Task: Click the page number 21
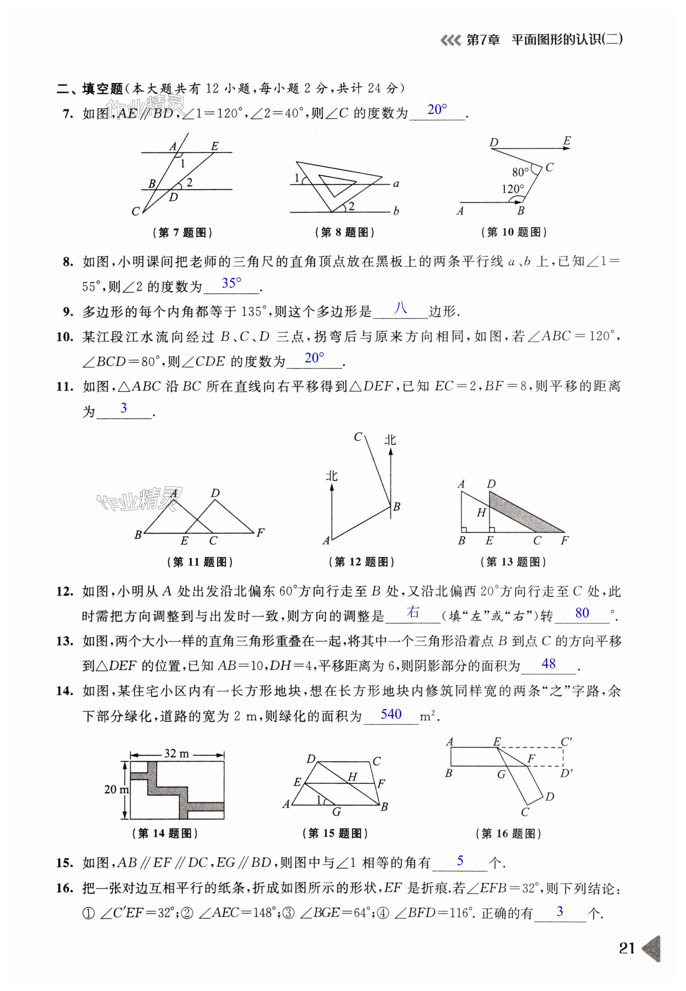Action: tap(627, 948)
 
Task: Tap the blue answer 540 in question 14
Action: tap(391, 714)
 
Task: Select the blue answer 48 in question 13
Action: tap(548, 664)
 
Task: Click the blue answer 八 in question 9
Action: tap(401, 308)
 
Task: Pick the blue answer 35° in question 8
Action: tap(231, 283)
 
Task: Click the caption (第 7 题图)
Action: tap(182, 233)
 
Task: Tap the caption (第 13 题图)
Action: tap(513, 562)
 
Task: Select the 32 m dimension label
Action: tap(176, 753)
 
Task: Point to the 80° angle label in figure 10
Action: tap(520, 172)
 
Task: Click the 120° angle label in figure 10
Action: tap(513, 189)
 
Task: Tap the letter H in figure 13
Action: tap(481, 513)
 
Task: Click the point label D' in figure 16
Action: tap(566, 774)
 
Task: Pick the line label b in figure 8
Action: tap(396, 211)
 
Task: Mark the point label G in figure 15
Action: tap(337, 811)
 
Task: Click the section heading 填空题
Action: tap(103, 89)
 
